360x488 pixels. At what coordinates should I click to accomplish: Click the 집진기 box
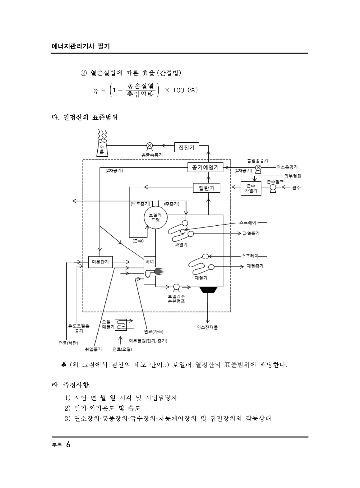[x=187, y=147]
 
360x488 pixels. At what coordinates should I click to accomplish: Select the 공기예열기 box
[x=205, y=167]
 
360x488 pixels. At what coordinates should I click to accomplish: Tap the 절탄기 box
[x=206, y=188]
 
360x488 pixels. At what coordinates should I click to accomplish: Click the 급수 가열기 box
[x=251, y=188]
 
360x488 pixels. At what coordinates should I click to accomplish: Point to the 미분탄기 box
[x=100, y=262]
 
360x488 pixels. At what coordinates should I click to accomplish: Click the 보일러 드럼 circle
[x=155, y=217]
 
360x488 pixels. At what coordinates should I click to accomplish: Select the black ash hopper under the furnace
[x=208, y=290]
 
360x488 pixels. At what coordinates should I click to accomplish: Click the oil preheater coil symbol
[x=121, y=325]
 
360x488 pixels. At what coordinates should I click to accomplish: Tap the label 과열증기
[x=251, y=233]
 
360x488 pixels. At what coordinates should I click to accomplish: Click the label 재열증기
[x=255, y=266]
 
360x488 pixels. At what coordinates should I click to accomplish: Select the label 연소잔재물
[x=207, y=327]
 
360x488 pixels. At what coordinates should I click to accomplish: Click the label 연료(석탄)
[x=68, y=343]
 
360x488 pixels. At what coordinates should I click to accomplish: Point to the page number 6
[x=68, y=445]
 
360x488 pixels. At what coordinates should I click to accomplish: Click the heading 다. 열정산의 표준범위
[x=85, y=117]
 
